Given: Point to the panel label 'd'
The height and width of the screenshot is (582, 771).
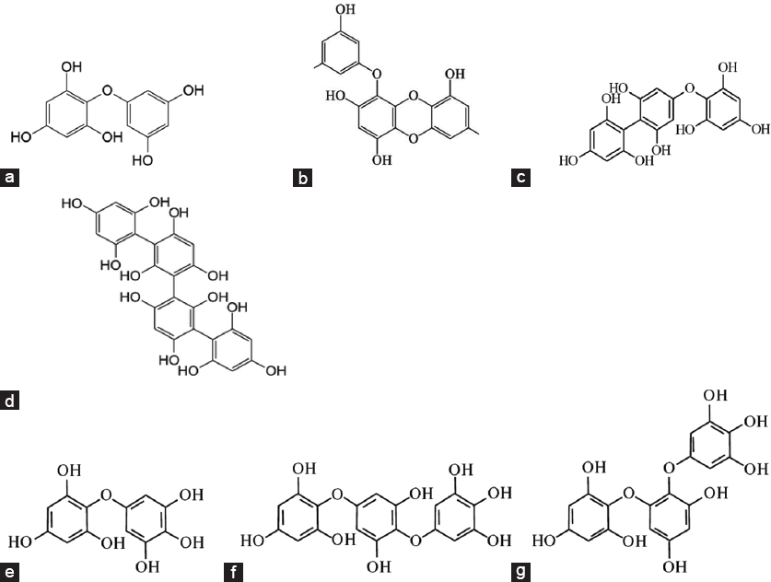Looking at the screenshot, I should coord(11,401).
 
